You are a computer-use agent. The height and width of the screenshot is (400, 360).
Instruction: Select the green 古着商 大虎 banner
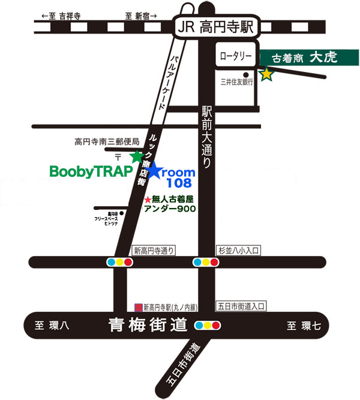[309, 58]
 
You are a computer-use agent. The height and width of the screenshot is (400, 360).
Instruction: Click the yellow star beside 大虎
[266, 74]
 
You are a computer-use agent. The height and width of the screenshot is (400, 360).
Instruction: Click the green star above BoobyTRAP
[137, 157]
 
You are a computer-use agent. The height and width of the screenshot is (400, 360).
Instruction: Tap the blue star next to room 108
[155, 171]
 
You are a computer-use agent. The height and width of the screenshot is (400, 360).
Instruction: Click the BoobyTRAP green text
[91, 172]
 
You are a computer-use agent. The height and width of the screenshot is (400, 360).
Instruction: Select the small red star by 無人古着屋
[148, 199]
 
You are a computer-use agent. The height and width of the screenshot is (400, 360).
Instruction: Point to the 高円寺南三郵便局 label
[107, 142]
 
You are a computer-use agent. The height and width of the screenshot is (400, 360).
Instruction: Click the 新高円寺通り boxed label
[155, 250]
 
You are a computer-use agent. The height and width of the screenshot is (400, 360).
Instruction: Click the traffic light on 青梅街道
[208, 326]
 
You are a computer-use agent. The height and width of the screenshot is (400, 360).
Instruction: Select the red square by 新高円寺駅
[139, 306]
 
